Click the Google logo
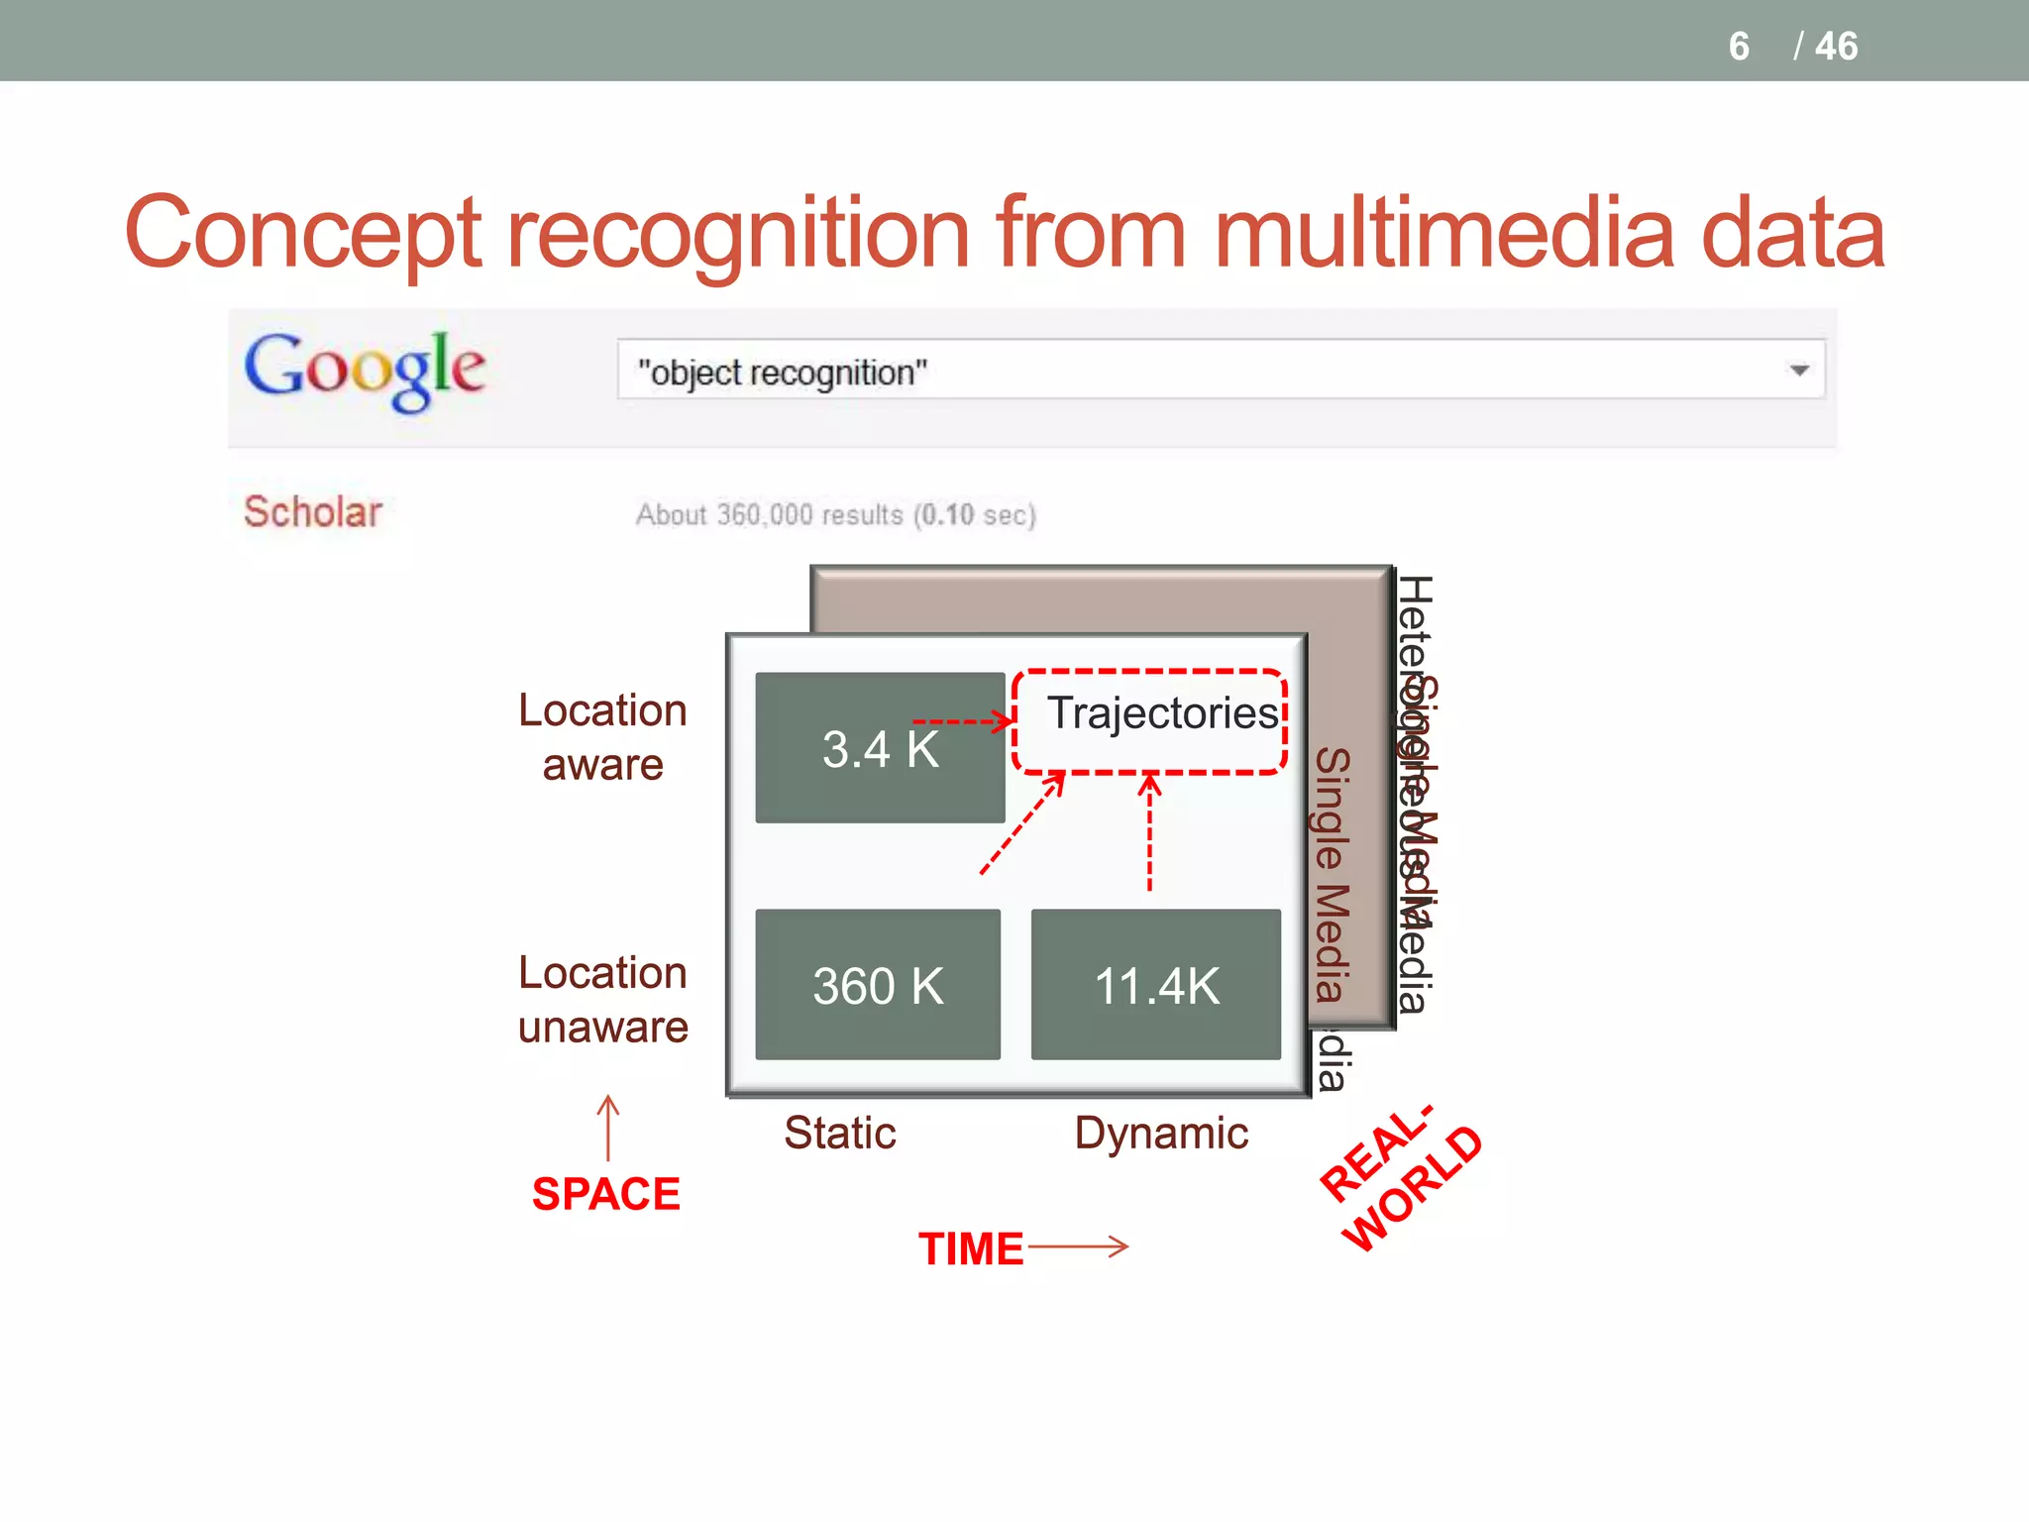click(365, 370)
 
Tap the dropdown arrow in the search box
click(1799, 371)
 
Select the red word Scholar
click(313, 512)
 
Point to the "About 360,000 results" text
click(835, 515)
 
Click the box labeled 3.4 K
click(880, 748)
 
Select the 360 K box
click(878, 985)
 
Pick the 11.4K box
click(1155, 985)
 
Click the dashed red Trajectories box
click(1149, 721)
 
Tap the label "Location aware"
click(602, 737)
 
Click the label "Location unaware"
click(602, 1000)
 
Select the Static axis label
click(840, 1133)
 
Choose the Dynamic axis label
click(1161, 1133)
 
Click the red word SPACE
click(606, 1193)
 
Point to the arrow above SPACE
click(608, 1127)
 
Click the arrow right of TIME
click(1078, 1246)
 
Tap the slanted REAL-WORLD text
click(1401, 1179)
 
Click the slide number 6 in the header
click(1739, 47)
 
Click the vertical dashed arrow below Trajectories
click(1149, 832)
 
